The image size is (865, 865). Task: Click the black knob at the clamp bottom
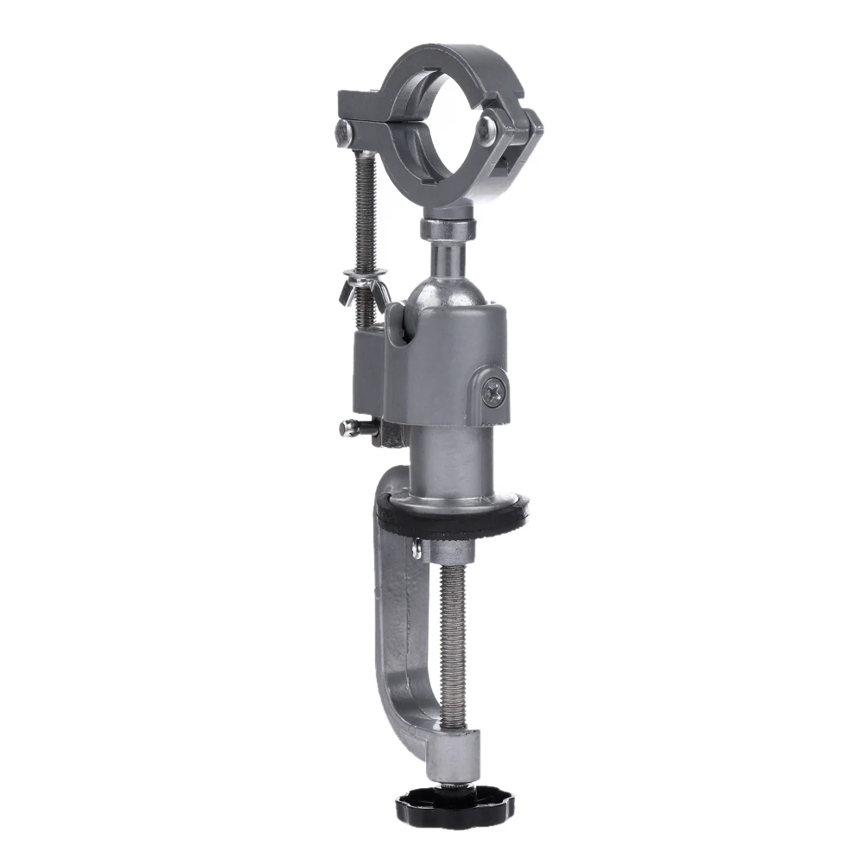click(455, 806)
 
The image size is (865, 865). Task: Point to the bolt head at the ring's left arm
click(344, 132)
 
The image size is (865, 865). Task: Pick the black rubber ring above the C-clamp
click(449, 518)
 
